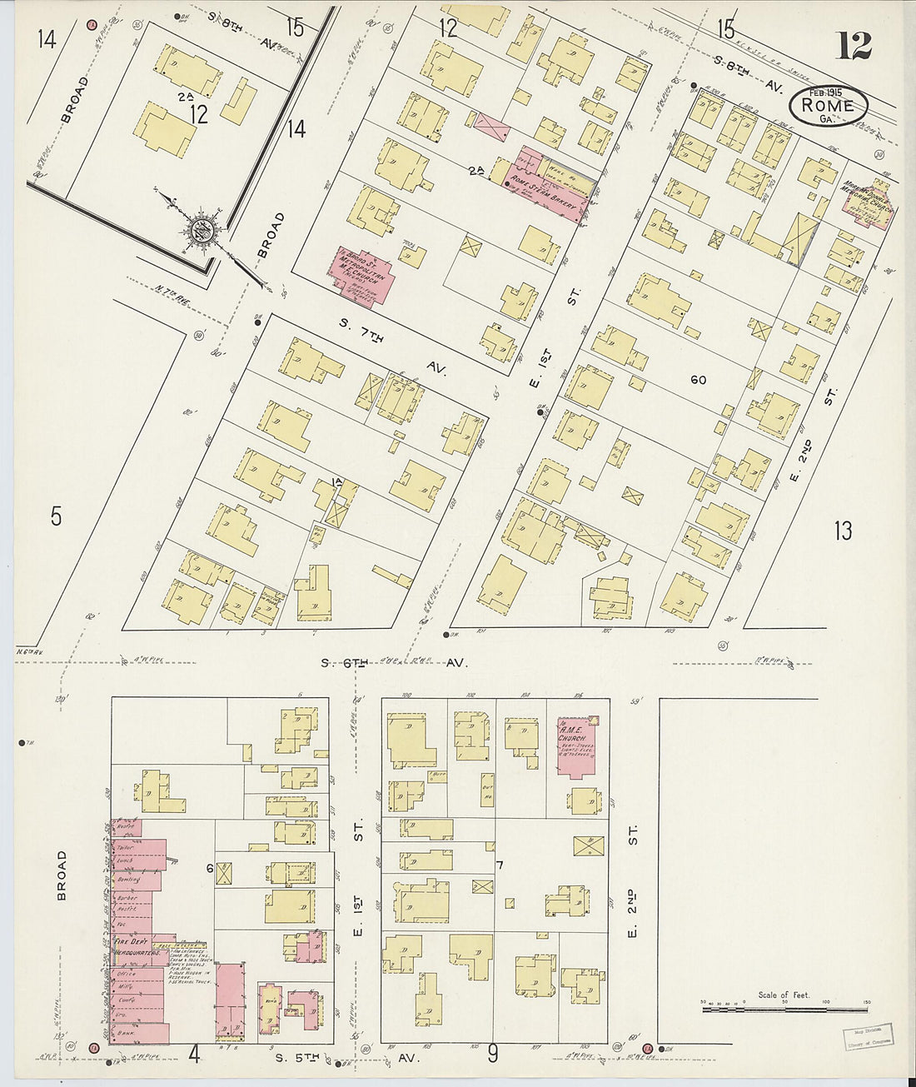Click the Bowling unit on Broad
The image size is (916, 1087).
pos(129,880)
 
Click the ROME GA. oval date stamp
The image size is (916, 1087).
pos(828,107)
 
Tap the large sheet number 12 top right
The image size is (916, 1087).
pos(854,47)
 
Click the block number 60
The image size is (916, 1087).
pos(698,380)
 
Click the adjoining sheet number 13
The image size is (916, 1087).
pos(843,530)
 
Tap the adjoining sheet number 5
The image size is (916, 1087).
pos(55,516)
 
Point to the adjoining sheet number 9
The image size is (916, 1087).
pos(492,1055)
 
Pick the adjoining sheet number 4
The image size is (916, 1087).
pos(194,1055)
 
